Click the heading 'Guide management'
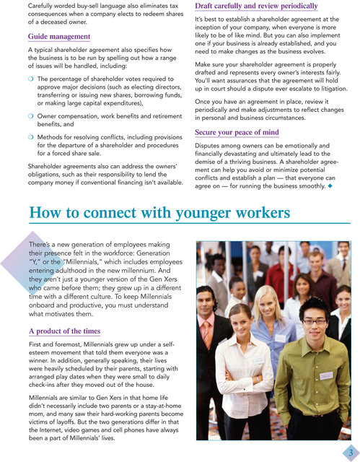60,37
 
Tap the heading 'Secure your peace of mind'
236,134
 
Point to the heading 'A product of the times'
64,331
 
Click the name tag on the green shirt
326,375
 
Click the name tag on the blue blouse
280,337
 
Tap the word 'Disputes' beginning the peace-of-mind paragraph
211,145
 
